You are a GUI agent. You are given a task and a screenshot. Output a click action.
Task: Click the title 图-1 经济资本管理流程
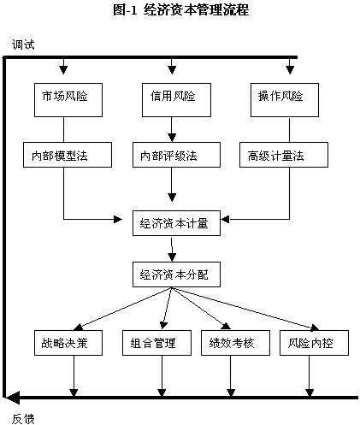point(180,10)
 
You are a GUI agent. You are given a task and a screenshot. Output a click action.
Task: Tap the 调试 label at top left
point(23,44)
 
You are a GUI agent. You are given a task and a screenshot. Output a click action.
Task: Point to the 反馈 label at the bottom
point(23,418)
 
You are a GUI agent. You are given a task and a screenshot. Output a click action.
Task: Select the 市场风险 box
point(68,100)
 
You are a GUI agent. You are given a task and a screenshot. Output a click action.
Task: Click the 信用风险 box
point(176,100)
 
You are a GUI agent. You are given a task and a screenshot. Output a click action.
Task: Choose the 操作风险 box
point(285,100)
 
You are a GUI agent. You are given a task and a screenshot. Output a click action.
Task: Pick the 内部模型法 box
point(68,155)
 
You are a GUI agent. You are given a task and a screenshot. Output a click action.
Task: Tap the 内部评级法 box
point(176,155)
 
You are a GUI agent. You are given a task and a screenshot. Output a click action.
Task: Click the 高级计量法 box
point(284,155)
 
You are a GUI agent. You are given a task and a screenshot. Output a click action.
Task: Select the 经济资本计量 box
point(176,223)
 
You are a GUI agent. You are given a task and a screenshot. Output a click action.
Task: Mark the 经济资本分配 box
point(176,274)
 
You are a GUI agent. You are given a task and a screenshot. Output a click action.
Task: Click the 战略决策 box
point(68,343)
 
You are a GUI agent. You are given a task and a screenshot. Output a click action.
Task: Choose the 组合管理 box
point(156,343)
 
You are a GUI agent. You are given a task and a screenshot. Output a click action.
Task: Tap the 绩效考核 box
point(235,343)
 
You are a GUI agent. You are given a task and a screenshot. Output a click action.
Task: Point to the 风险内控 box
point(314,343)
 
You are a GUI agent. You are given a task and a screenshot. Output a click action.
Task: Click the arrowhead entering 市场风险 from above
point(63,70)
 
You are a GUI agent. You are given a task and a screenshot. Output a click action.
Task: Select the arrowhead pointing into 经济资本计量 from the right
point(225,219)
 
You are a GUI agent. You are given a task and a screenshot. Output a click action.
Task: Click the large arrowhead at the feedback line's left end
point(13,398)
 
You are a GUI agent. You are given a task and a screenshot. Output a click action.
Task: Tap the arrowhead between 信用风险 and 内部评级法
point(172,138)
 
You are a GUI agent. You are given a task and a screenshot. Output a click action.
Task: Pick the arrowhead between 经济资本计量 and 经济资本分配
point(172,257)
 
